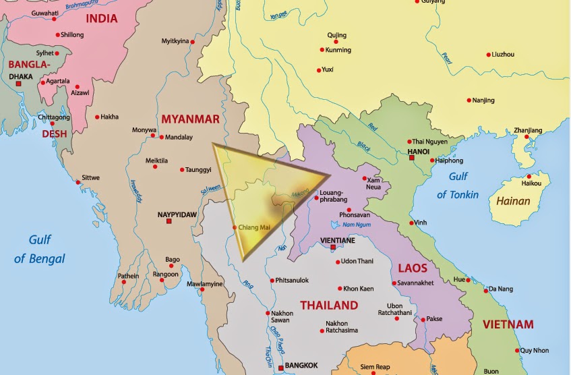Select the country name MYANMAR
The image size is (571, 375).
pos(190,119)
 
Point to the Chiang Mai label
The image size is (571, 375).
pos(254,227)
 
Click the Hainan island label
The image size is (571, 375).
pos(513,200)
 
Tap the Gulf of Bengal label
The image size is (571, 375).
pos(40,249)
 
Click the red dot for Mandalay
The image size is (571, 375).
pos(161,137)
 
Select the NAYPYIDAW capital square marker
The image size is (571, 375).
pos(169,221)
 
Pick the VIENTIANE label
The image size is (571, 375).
pos(338,239)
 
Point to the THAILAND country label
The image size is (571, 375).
pos(328,306)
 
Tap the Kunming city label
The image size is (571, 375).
pos(338,50)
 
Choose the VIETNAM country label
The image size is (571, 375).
pos(508,324)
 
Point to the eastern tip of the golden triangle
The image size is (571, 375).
pos(330,176)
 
